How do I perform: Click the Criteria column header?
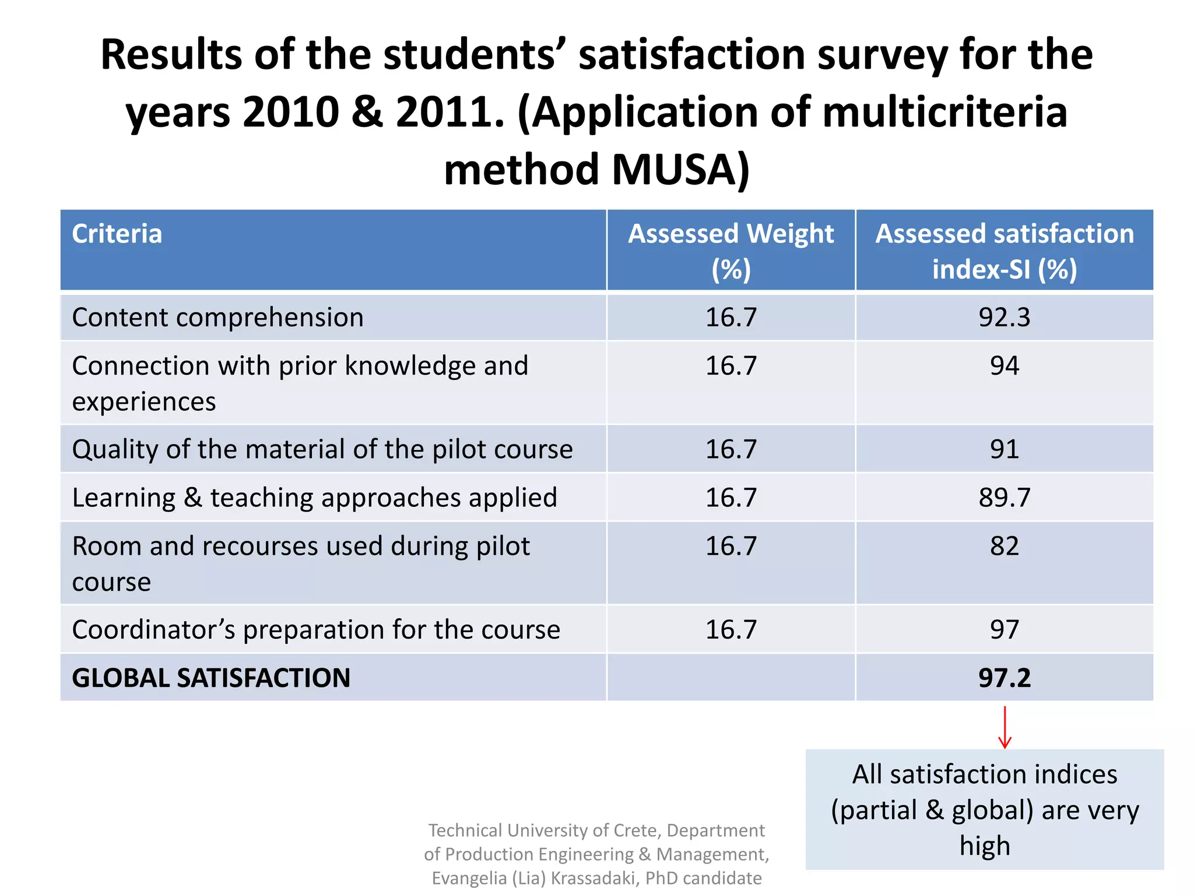coord(117,234)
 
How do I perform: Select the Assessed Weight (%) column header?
coord(731,251)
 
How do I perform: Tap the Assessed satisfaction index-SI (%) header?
coord(1004,251)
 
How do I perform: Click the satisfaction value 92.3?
coord(1004,318)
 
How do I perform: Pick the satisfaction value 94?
coord(1004,366)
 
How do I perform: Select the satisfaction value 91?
coord(1004,449)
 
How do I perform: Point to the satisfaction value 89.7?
coord(1004,498)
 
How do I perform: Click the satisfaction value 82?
coord(1004,546)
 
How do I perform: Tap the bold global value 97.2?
coord(1004,678)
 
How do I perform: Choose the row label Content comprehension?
coord(217,318)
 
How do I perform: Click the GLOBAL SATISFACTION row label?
coord(211,678)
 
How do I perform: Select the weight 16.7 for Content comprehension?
coord(731,318)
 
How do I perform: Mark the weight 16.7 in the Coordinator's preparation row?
coord(731,629)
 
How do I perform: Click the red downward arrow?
coord(1004,727)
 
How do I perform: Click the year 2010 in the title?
coord(290,112)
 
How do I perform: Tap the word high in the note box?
coord(984,845)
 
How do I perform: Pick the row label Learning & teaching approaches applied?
coord(314,498)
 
